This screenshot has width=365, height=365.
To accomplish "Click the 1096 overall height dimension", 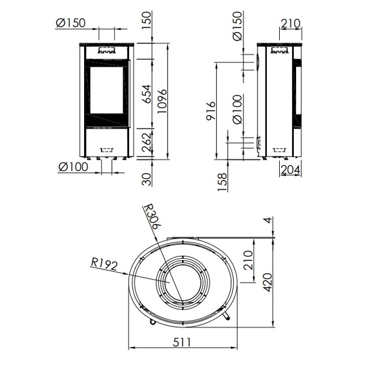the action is coord(162,101).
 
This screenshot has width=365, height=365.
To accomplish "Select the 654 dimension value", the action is coord(147,94).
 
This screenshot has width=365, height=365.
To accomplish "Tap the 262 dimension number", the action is coord(147,142).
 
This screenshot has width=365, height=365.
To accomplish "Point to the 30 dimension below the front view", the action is coord(147,179).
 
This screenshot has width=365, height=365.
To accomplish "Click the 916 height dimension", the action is coord(211,110).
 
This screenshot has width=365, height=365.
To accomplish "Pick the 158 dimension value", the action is coord(223,182).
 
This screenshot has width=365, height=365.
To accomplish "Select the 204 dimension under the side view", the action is coord(290,170).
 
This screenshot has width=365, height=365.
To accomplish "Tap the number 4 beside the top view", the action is coord(269,220).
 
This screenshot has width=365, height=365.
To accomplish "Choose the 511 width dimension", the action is coord(182,342).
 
